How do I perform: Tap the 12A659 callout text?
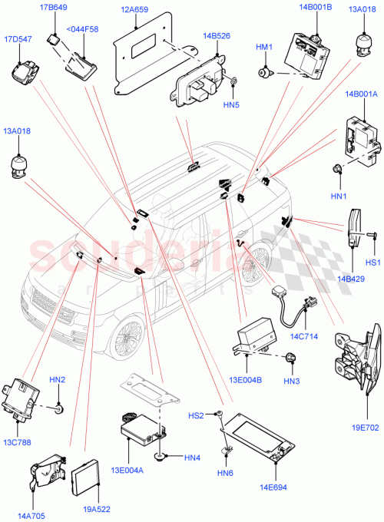134,10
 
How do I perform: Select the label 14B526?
217,36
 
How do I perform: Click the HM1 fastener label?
263,48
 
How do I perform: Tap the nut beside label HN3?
291,357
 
